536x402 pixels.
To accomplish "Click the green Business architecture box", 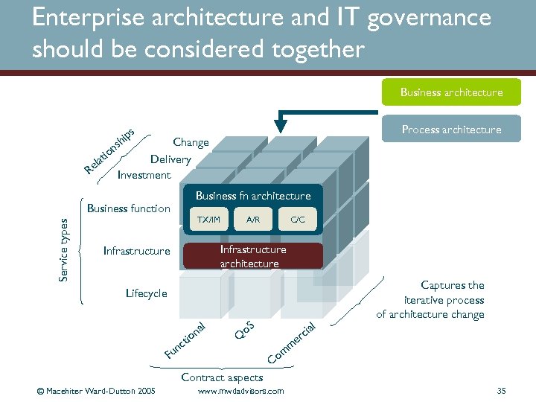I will click(451, 92).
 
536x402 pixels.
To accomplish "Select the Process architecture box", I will click(451, 130).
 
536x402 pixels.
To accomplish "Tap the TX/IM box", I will click(208, 219).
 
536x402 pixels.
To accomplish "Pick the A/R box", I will click(253, 219).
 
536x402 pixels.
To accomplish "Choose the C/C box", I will click(297, 219).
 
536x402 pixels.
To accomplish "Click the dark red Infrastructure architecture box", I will click(252, 257).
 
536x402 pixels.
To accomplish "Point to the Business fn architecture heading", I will click(253, 196).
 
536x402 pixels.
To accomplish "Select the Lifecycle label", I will click(147, 293).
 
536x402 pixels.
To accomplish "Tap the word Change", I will click(191, 141).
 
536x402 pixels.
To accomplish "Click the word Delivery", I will click(170, 159).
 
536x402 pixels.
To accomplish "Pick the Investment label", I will click(144, 175).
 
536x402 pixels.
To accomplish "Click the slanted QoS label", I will click(245, 329).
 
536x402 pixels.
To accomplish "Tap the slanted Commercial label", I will click(293, 343).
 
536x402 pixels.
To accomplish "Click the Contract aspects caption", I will click(222, 377).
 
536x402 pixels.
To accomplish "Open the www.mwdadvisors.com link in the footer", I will click(240, 391).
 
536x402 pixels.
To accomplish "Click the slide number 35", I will click(501, 391).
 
